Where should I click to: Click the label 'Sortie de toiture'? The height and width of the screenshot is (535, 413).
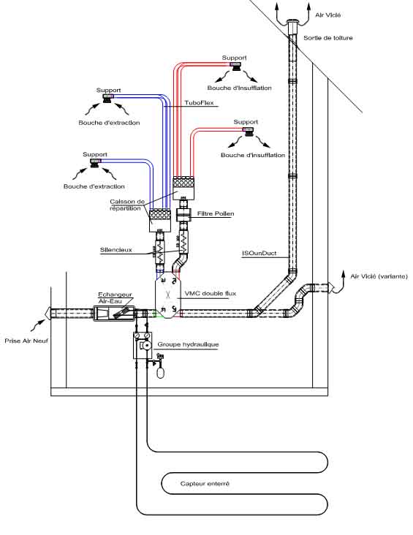tap(328, 38)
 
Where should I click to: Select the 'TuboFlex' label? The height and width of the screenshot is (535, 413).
tap(200, 102)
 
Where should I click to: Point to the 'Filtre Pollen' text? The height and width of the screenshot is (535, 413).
tap(216, 213)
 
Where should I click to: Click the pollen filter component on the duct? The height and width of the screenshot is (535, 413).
tap(184, 216)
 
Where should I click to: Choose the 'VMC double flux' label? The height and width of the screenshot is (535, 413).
tap(211, 293)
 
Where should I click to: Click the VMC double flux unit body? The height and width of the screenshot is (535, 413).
tap(168, 295)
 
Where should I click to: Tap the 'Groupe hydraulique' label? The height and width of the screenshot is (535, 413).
tap(188, 344)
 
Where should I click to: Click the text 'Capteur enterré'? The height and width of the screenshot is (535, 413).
tap(205, 484)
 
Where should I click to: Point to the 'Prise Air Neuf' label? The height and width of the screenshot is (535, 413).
tap(26, 341)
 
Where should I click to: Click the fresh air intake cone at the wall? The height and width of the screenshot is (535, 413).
tap(48, 313)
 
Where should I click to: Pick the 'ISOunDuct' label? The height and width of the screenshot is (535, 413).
tap(259, 253)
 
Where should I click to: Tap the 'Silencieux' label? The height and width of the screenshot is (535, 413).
tap(115, 250)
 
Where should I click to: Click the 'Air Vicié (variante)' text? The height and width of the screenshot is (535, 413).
tap(379, 276)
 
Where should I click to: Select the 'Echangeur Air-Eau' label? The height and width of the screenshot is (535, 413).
tap(115, 297)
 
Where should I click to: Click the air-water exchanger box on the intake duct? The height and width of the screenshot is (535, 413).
tap(113, 314)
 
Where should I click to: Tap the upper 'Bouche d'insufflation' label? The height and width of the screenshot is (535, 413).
tap(239, 88)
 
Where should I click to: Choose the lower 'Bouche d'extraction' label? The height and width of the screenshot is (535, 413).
tap(94, 186)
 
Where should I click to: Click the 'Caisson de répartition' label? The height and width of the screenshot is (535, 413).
tap(127, 205)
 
